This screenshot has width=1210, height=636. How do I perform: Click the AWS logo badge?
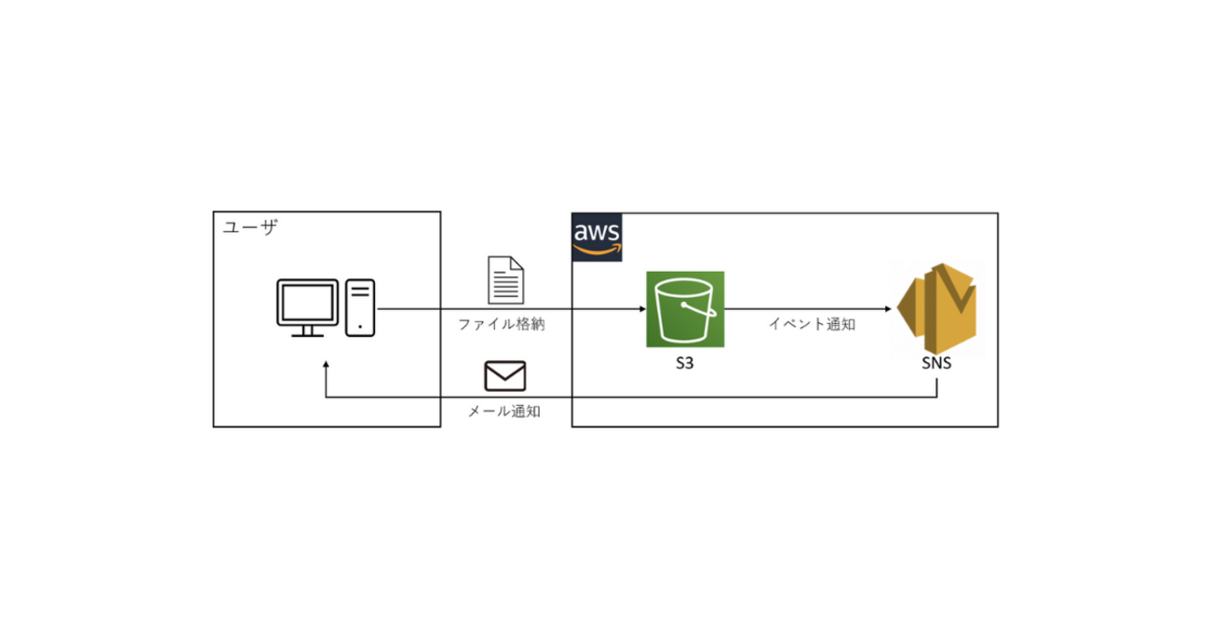[x=597, y=237]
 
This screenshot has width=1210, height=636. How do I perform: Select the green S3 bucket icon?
[x=686, y=310]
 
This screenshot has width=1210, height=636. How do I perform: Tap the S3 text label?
[x=685, y=364]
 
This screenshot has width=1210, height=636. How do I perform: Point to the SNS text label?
[x=935, y=364]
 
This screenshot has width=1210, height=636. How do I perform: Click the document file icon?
[x=506, y=279]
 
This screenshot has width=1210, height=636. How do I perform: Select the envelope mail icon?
[x=505, y=375]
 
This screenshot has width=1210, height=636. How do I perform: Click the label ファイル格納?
[x=501, y=325]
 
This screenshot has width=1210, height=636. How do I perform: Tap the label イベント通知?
[x=812, y=325]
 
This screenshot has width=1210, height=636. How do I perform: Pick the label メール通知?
[x=504, y=411]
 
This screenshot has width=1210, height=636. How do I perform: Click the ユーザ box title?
[x=250, y=228]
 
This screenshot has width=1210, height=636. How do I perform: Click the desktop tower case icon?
[x=360, y=307]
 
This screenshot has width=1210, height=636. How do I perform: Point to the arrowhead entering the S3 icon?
[x=641, y=309]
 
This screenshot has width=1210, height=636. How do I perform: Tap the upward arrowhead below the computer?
[x=325, y=366]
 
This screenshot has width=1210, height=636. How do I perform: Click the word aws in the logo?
[x=597, y=231]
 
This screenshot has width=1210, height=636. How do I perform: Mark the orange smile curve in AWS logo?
[x=597, y=250]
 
